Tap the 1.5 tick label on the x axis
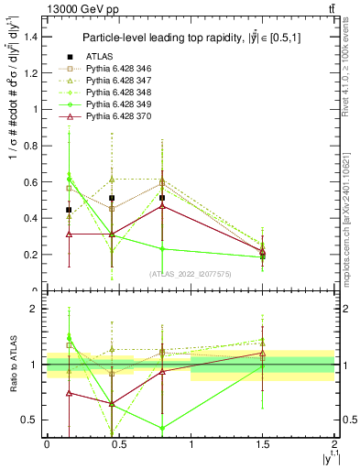(x=262, y=445)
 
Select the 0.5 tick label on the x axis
(x=118, y=445)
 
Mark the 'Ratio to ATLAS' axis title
(x=12, y=366)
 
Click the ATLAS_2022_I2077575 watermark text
(x=191, y=273)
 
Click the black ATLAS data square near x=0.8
(x=162, y=198)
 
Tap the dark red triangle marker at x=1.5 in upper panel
(x=263, y=250)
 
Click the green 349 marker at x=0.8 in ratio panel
(x=162, y=428)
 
